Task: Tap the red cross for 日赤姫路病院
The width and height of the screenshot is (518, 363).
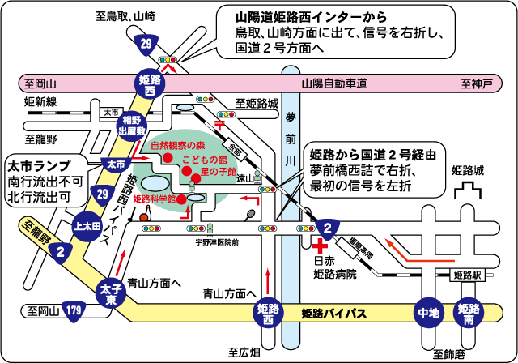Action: coord(321,244)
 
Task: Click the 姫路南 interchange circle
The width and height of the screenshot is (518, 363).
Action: coord(469,311)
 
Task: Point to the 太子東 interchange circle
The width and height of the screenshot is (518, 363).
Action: coord(109,293)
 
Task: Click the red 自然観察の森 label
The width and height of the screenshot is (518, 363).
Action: coord(182,146)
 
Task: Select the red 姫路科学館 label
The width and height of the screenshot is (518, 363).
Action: coord(155,198)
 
